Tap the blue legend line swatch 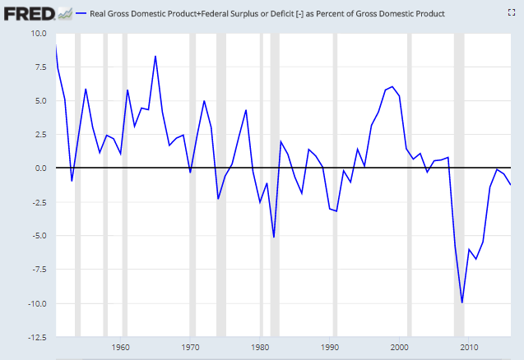pyautogui.click(x=81, y=14)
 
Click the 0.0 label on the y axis pyautogui.click(x=40, y=168)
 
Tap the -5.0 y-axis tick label pyautogui.click(x=39, y=236)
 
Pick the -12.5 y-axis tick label pyautogui.click(x=36, y=337)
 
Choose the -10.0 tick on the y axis pyautogui.click(x=36, y=303)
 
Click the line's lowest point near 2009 pyautogui.click(x=462, y=302)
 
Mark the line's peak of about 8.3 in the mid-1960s pyautogui.click(x=155, y=56)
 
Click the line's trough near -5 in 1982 pyautogui.click(x=273, y=237)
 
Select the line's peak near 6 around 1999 pyautogui.click(x=392, y=86)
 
